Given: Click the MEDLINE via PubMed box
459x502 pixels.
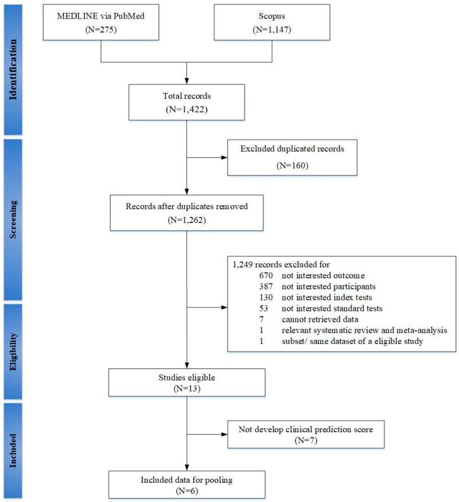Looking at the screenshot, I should (x=101, y=23).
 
